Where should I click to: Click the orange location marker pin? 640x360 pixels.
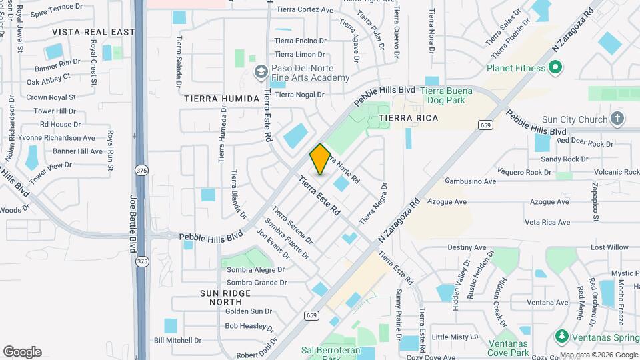(320, 159)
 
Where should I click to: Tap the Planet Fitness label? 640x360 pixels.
(515, 68)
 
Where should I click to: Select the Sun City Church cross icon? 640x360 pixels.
(617, 119)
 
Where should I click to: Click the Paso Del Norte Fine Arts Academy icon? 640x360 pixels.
(261, 71)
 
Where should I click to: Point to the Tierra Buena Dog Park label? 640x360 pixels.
(447, 95)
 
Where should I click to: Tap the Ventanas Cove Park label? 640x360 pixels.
(508, 347)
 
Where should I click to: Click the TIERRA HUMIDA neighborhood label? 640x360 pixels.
(221, 99)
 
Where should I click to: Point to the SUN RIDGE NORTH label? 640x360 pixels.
(225, 298)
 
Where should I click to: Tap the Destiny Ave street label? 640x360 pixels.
(467, 247)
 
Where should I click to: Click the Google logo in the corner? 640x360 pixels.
(22, 352)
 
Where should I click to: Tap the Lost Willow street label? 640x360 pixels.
(609, 247)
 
